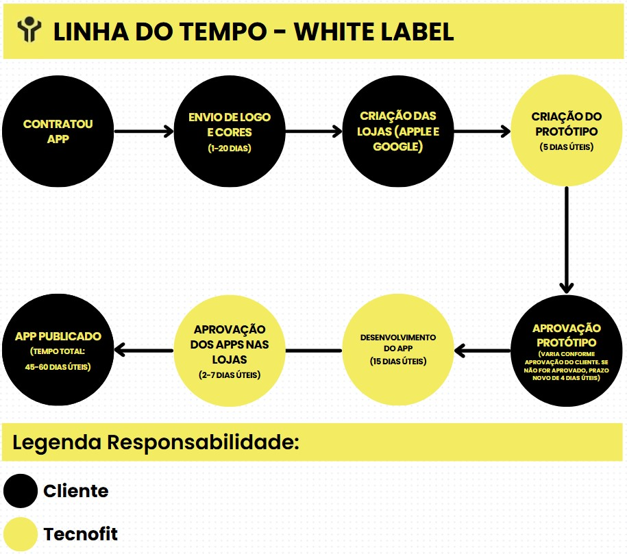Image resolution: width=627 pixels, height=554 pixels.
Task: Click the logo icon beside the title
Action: click(29, 29)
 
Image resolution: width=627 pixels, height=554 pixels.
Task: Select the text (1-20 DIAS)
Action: click(230, 149)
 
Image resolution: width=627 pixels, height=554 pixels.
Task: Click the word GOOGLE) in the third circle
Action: click(398, 147)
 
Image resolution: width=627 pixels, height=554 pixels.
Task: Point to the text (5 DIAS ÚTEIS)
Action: click(567, 147)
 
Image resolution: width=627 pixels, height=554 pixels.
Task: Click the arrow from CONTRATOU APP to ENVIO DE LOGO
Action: click(143, 131)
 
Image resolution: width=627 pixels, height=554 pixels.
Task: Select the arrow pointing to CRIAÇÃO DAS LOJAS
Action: click(314, 131)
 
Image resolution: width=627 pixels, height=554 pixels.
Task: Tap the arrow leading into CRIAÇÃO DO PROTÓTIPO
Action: click(482, 131)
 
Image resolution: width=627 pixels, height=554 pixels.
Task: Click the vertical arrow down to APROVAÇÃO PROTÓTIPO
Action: click(567, 240)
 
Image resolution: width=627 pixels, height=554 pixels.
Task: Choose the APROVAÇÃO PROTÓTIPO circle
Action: click(567, 351)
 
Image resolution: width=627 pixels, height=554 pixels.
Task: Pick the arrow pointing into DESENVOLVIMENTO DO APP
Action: click(482, 351)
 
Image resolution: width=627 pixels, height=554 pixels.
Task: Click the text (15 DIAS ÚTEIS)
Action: click(398, 362)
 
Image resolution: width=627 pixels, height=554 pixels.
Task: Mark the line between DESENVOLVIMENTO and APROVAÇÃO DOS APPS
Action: click(314, 351)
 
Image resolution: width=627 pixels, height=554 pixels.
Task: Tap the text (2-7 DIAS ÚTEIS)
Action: click(230, 375)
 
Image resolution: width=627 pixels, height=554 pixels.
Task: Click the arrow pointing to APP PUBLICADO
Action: click(143, 350)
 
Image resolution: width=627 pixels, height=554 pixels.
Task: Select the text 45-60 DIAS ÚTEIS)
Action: click(58, 367)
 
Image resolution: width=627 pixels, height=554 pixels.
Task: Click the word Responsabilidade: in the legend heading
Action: click(203, 442)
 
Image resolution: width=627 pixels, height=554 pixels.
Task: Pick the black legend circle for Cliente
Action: click(21, 491)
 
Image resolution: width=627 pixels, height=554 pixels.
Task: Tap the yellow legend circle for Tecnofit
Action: click(21, 534)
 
